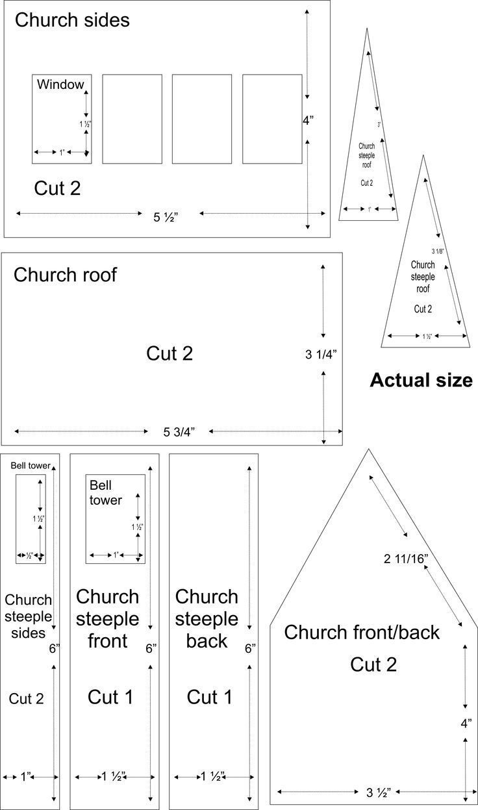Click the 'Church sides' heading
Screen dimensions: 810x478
(72, 20)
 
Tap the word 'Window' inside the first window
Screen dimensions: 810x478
(60, 84)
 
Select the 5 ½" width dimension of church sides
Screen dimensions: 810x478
(166, 218)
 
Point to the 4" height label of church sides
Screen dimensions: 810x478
(308, 120)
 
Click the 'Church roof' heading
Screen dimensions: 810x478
(65, 275)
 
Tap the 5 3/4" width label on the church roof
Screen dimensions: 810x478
(179, 432)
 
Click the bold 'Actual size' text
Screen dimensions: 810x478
(421, 381)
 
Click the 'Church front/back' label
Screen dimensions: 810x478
(362, 631)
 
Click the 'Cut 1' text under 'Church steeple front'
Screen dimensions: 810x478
(110, 698)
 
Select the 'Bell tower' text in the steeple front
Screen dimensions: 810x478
(105, 492)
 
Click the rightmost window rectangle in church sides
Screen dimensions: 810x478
(272, 119)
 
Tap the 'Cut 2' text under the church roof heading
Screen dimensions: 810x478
(170, 354)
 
